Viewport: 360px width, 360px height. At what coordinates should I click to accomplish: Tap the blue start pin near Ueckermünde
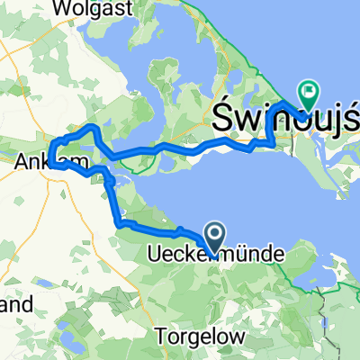tap(216, 238)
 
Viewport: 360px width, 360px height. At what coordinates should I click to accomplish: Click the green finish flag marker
tap(310, 90)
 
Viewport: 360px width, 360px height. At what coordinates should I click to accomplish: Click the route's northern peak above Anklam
tap(91, 128)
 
